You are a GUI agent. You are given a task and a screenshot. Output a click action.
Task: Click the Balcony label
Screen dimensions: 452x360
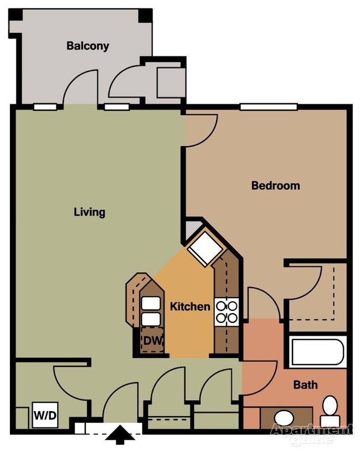[x=88, y=46]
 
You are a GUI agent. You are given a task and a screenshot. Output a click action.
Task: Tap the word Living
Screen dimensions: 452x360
[x=90, y=212]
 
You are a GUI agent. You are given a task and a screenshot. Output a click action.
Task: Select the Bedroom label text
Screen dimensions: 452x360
[x=275, y=186]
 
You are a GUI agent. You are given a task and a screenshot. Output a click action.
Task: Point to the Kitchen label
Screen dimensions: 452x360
[x=190, y=306]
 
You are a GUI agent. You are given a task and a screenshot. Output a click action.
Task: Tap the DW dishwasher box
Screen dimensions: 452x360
[x=152, y=342]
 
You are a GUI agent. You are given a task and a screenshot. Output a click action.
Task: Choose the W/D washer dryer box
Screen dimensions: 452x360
[x=45, y=414]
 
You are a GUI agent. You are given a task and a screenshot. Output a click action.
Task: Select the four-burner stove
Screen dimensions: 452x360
[x=227, y=311]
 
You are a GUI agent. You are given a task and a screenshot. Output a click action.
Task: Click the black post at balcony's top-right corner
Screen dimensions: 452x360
[x=146, y=15]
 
